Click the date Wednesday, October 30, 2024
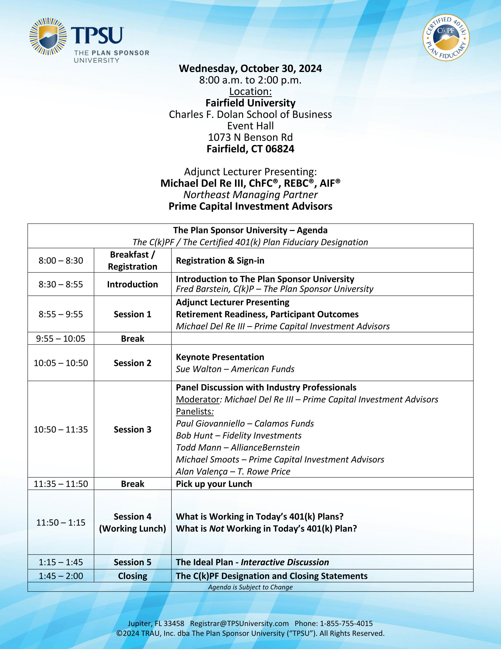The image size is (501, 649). pyautogui.click(x=250, y=69)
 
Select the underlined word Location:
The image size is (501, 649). pyautogui.click(x=250, y=91)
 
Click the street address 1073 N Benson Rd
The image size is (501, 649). pyautogui.click(x=250, y=137)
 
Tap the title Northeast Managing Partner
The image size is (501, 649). pyautogui.click(x=250, y=195)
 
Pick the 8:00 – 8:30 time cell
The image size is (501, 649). pyautogui.click(x=61, y=261)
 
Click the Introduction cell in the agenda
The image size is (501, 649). pyautogui.click(x=132, y=284)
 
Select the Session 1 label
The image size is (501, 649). pyautogui.click(x=132, y=314)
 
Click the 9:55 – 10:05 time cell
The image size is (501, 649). pyautogui.click(x=61, y=338)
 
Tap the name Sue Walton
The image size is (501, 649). pyautogui.click(x=199, y=369)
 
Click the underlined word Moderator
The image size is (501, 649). pyautogui.click(x=198, y=399)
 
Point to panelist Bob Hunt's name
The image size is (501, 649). pyautogui.click(x=194, y=435)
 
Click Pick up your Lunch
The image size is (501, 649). pyautogui.click(x=214, y=484)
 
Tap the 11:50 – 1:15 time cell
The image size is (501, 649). pyautogui.click(x=61, y=522)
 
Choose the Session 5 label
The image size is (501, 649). pyautogui.click(x=132, y=562)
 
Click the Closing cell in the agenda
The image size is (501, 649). pyautogui.click(x=132, y=576)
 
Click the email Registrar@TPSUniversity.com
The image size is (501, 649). pyautogui.click(x=239, y=623)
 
